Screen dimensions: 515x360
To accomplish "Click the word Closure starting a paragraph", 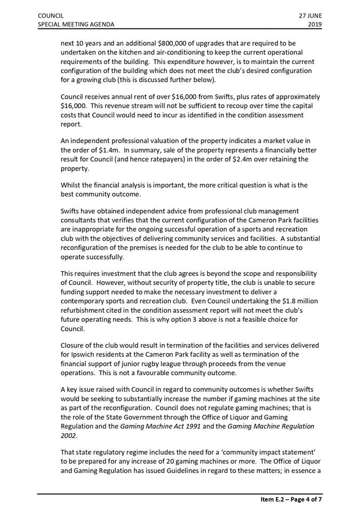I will coord(74,345).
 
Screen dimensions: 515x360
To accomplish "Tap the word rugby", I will coord(158,363).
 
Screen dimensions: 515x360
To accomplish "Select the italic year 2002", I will coord(70,435).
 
